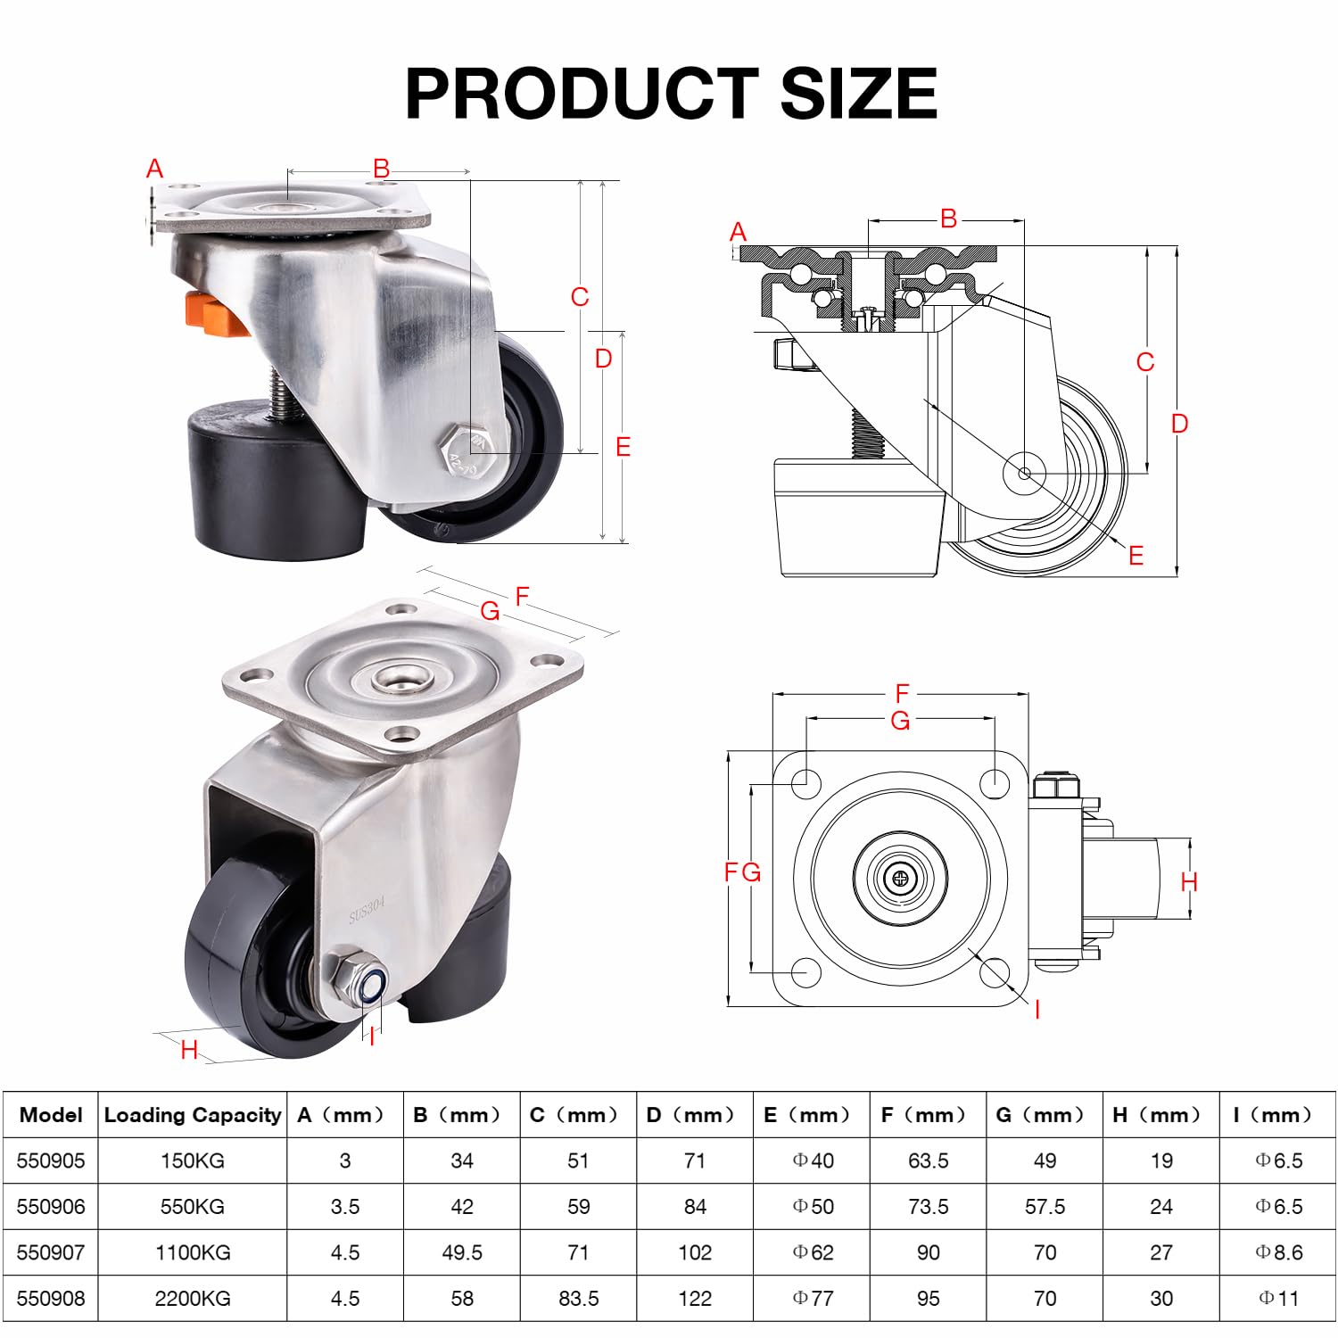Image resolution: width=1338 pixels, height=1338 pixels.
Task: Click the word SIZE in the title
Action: [858, 93]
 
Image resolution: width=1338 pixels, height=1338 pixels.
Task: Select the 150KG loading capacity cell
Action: [193, 1160]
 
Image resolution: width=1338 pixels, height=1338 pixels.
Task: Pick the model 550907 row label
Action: [51, 1252]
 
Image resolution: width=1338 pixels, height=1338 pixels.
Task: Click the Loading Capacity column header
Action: [193, 1115]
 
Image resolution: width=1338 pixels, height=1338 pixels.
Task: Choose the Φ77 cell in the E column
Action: [813, 1298]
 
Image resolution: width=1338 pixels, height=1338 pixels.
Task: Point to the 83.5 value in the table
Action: [578, 1298]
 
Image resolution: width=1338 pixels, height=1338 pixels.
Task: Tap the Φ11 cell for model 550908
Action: [1278, 1298]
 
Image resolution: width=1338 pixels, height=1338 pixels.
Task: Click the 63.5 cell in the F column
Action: [928, 1160]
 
